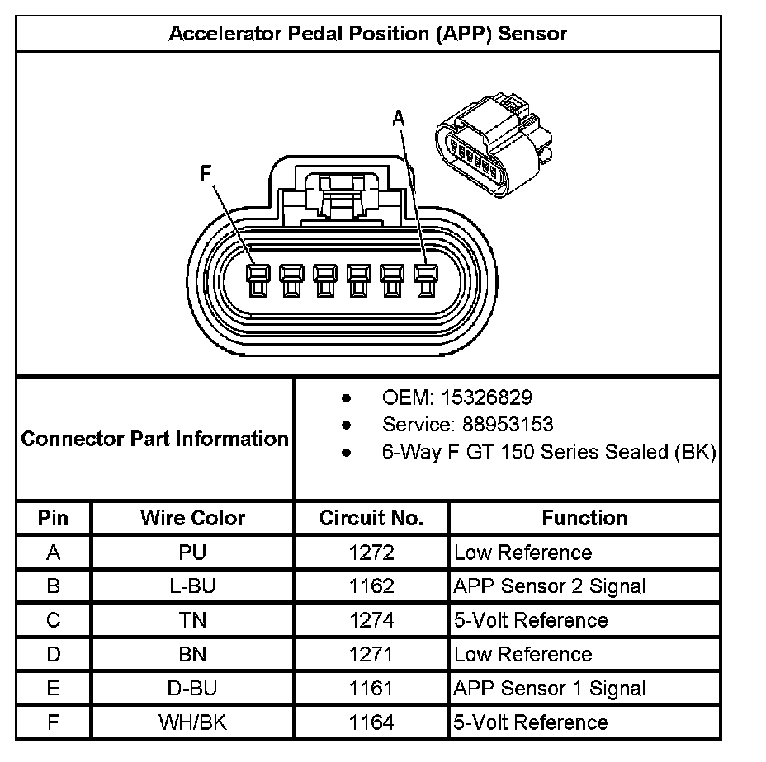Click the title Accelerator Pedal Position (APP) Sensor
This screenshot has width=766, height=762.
point(368,34)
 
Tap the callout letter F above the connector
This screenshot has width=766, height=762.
point(206,173)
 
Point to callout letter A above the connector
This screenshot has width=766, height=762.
point(399,119)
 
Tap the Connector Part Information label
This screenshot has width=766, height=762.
point(154,438)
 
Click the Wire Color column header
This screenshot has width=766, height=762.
point(192,518)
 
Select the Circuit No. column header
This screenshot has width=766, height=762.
point(371,518)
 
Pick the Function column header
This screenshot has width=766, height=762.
point(584,518)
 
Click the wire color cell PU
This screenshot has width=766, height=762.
point(192,553)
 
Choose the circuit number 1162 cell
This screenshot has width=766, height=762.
point(371,586)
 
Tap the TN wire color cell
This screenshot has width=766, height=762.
point(192,620)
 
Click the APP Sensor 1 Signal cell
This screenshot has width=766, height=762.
point(550,689)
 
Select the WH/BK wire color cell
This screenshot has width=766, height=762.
point(192,723)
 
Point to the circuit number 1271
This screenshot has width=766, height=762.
point(371,655)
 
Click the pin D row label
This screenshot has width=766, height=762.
point(54,655)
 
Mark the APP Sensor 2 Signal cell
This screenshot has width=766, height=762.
point(550,586)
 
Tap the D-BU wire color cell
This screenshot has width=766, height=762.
point(192,689)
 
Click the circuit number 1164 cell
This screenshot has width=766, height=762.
point(371,723)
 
